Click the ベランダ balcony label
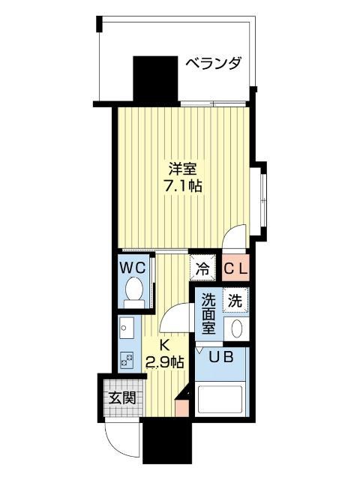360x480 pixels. [x=214, y=64]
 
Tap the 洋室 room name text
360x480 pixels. [x=182, y=169]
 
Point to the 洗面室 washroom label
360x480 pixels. [x=208, y=313]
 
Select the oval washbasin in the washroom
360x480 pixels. [x=236, y=327]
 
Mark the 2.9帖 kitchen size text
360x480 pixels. [x=166, y=362]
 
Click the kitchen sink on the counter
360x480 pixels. [x=125, y=328]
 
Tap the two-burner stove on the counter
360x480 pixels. [x=125, y=358]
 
